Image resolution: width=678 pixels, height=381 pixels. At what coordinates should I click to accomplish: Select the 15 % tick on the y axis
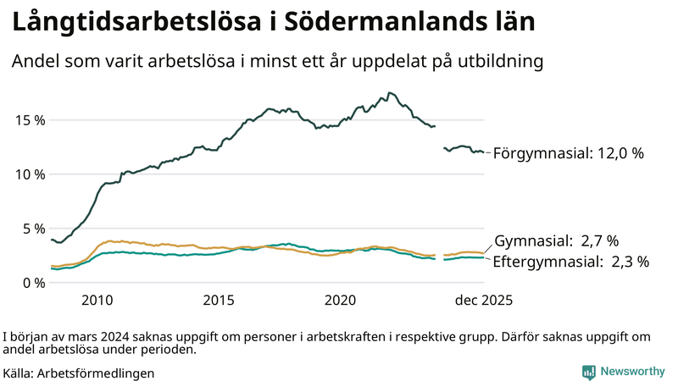(30, 120)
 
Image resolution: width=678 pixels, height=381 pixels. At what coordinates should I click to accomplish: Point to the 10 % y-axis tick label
(30, 174)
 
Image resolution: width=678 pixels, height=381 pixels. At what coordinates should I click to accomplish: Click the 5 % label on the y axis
(33, 229)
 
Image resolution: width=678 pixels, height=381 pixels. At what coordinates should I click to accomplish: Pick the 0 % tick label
(33, 283)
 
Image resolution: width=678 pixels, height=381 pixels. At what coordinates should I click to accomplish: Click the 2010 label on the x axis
(97, 301)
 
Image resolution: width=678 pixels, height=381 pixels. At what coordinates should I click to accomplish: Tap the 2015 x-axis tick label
(219, 301)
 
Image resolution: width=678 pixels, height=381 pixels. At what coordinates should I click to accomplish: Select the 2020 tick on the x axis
(340, 301)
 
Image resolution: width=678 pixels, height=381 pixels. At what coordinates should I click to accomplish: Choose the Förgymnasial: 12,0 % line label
(569, 153)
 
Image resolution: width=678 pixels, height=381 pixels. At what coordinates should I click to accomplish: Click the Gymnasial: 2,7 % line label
(556, 240)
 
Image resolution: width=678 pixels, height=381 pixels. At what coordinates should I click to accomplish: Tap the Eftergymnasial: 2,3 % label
(570, 262)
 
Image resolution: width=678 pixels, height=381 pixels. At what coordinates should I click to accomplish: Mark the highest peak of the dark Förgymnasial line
(389, 93)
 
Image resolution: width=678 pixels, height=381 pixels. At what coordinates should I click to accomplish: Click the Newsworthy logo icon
(588, 372)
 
